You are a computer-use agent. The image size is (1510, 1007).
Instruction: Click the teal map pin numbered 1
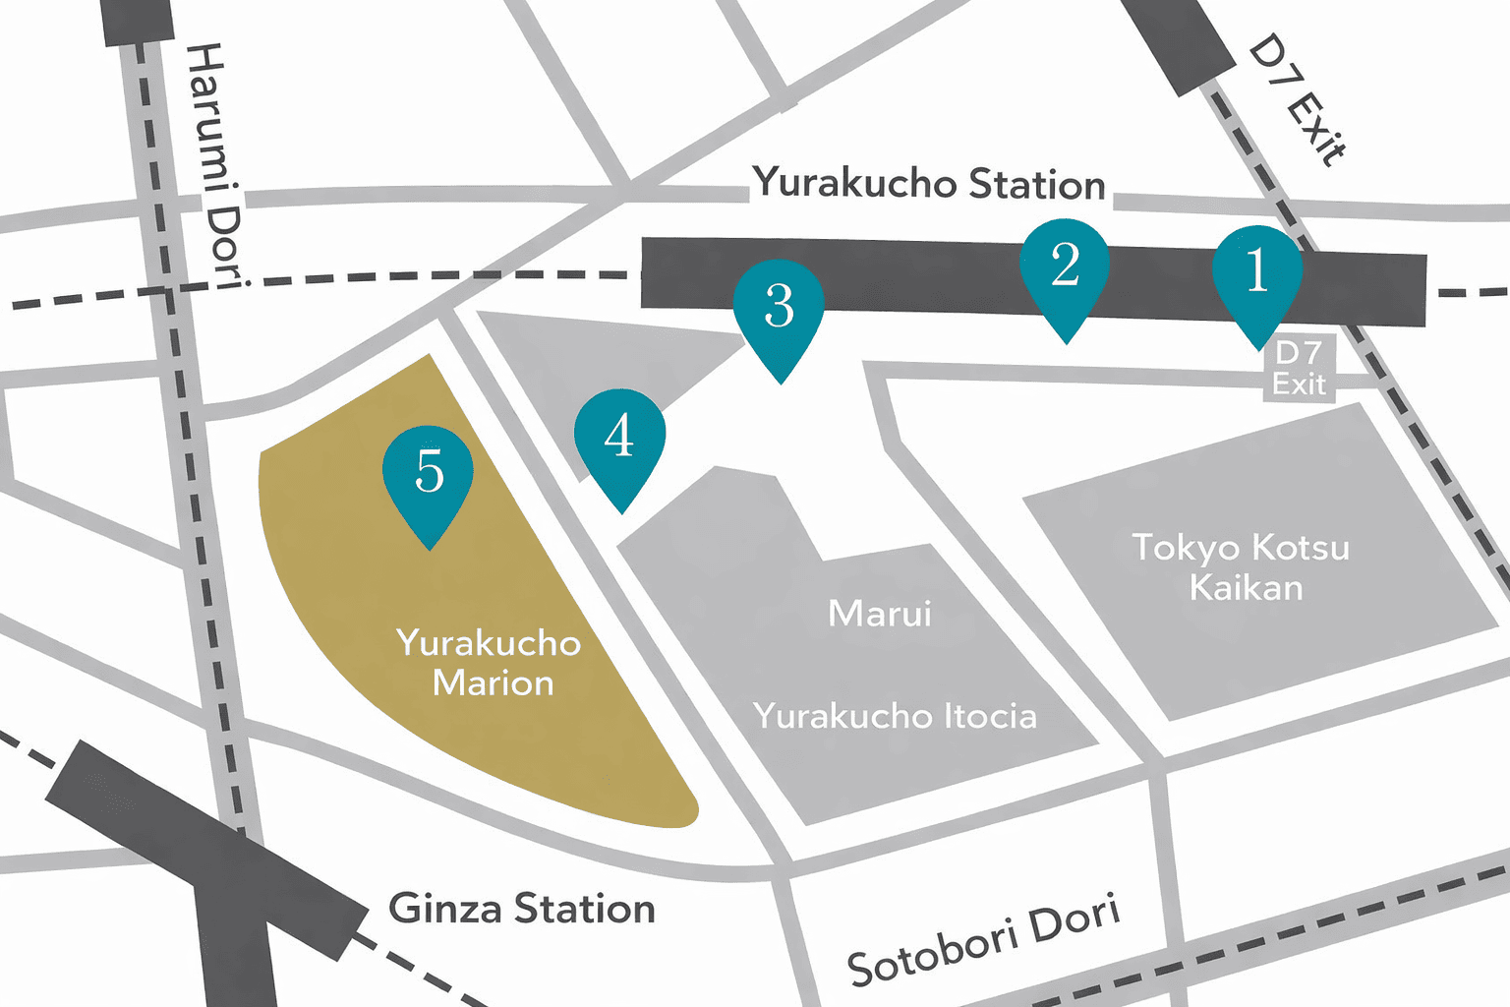pyautogui.click(x=1257, y=274)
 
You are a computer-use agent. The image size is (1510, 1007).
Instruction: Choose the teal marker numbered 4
pyautogui.click(x=619, y=438)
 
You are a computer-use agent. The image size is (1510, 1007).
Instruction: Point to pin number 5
pyautogui.click(x=429, y=474)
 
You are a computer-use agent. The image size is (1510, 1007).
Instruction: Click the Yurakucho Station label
pyautogui.click(x=929, y=184)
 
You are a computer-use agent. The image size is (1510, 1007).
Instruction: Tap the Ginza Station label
pyautogui.click(x=522, y=909)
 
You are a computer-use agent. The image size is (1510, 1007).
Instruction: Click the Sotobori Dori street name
pyautogui.click(x=983, y=940)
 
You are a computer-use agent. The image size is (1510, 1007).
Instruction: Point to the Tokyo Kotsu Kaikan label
pyautogui.click(x=1242, y=567)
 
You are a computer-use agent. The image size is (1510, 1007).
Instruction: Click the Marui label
pyautogui.click(x=880, y=614)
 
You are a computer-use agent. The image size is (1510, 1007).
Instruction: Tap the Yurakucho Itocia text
pyautogui.click(x=895, y=716)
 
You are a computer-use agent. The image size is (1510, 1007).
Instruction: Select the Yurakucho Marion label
pyautogui.click(x=490, y=663)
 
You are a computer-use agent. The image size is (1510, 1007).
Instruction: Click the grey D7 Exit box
pyautogui.click(x=1299, y=369)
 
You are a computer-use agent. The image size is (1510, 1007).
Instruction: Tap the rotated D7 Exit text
pyautogui.click(x=1296, y=99)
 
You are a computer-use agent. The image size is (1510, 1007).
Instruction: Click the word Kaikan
pyautogui.click(x=1246, y=588)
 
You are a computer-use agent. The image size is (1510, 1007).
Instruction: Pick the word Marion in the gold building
pyautogui.click(x=493, y=683)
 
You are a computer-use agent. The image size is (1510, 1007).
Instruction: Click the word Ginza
pyautogui.click(x=445, y=909)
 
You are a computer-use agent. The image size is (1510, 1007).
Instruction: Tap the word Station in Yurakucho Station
pyautogui.click(x=1037, y=185)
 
